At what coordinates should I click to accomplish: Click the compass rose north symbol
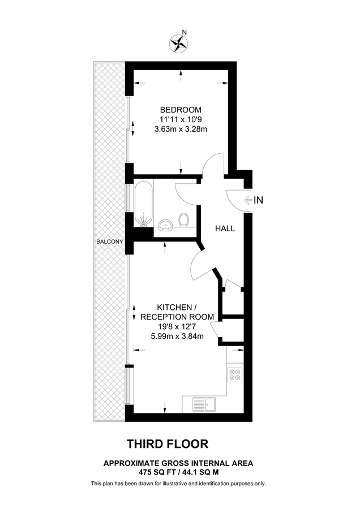(x=179, y=43)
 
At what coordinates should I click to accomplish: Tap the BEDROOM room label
(x=181, y=110)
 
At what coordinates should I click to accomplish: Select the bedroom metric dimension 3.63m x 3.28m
(x=181, y=129)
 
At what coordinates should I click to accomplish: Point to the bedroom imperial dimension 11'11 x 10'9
(x=181, y=119)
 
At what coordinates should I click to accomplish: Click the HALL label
(x=225, y=228)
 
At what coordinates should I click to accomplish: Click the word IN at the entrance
(x=259, y=200)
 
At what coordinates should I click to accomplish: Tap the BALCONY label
(x=109, y=241)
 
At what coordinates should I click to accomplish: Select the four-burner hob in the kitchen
(x=235, y=374)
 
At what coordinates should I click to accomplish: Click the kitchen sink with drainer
(x=203, y=404)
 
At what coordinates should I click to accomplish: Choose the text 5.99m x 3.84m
(x=177, y=336)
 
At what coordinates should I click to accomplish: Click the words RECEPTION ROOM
(x=177, y=316)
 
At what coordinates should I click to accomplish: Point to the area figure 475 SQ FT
(x=156, y=471)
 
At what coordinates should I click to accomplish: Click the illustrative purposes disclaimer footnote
(x=178, y=484)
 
